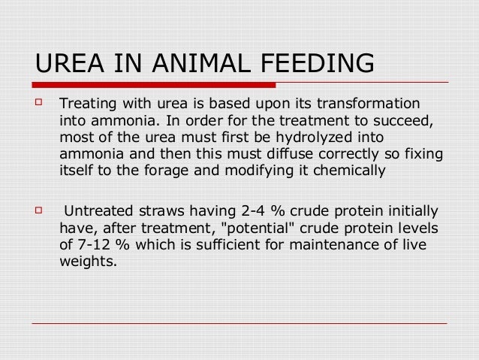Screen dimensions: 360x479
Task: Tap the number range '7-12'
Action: tap(92, 246)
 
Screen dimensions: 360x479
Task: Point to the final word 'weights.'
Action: tap(88, 263)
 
